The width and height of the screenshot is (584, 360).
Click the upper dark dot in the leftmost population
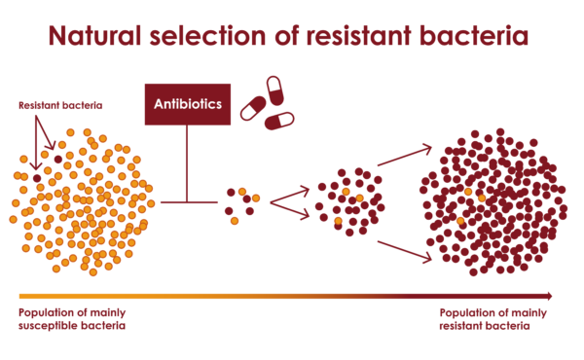pyautogui.click(x=58, y=158)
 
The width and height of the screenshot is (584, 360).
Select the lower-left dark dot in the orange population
pyautogui.click(x=37, y=178)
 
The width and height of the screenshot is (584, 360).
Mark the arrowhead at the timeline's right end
pyautogui.click(x=548, y=296)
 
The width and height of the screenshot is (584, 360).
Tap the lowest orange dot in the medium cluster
pyautogui.click(x=338, y=222)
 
